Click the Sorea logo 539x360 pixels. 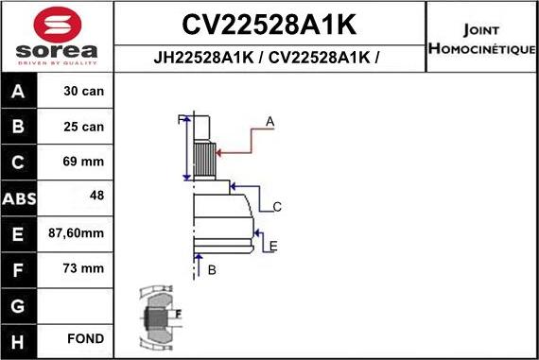click(x=57, y=37)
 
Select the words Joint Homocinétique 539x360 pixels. click(x=481, y=37)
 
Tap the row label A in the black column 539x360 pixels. click(x=20, y=92)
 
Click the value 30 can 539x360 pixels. click(x=84, y=92)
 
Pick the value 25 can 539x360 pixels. click(x=84, y=127)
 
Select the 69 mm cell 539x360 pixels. click(x=84, y=162)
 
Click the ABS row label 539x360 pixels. click(x=20, y=197)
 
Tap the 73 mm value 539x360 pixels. click(x=84, y=268)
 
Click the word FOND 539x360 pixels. click(x=86, y=338)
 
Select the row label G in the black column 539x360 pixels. click(x=20, y=303)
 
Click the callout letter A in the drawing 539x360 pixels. click(x=270, y=121)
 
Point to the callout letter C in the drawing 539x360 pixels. click(x=277, y=206)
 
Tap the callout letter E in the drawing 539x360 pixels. click(x=273, y=247)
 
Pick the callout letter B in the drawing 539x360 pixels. click(x=212, y=270)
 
